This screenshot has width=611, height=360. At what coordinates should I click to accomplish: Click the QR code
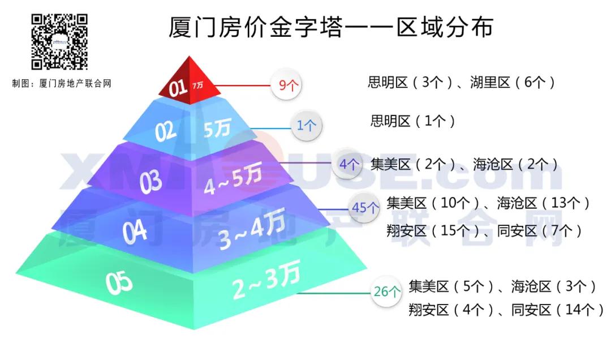(x=59, y=42)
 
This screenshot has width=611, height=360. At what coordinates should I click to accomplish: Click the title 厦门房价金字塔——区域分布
(x=331, y=27)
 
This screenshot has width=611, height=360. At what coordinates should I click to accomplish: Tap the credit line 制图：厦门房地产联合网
(x=62, y=83)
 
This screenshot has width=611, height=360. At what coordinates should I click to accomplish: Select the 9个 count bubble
(x=287, y=85)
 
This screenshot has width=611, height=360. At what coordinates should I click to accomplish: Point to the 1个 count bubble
(x=307, y=125)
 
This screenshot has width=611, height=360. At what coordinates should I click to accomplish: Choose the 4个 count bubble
(x=348, y=164)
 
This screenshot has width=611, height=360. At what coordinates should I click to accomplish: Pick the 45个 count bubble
(x=364, y=207)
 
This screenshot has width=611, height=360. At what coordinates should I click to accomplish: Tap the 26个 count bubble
(x=386, y=291)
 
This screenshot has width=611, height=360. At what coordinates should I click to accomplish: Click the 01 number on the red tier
(x=178, y=88)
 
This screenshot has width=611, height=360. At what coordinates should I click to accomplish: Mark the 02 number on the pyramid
(x=165, y=131)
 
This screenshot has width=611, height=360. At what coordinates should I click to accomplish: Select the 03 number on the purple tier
(x=151, y=182)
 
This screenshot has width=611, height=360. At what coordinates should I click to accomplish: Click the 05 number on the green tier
(x=119, y=282)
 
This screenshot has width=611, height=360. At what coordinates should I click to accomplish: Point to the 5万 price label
(x=217, y=127)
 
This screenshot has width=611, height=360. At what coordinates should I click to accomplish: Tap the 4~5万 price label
(x=233, y=180)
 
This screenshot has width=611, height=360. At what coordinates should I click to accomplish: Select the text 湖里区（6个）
(x=512, y=82)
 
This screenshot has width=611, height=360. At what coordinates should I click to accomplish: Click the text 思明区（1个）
(x=412, y=121)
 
